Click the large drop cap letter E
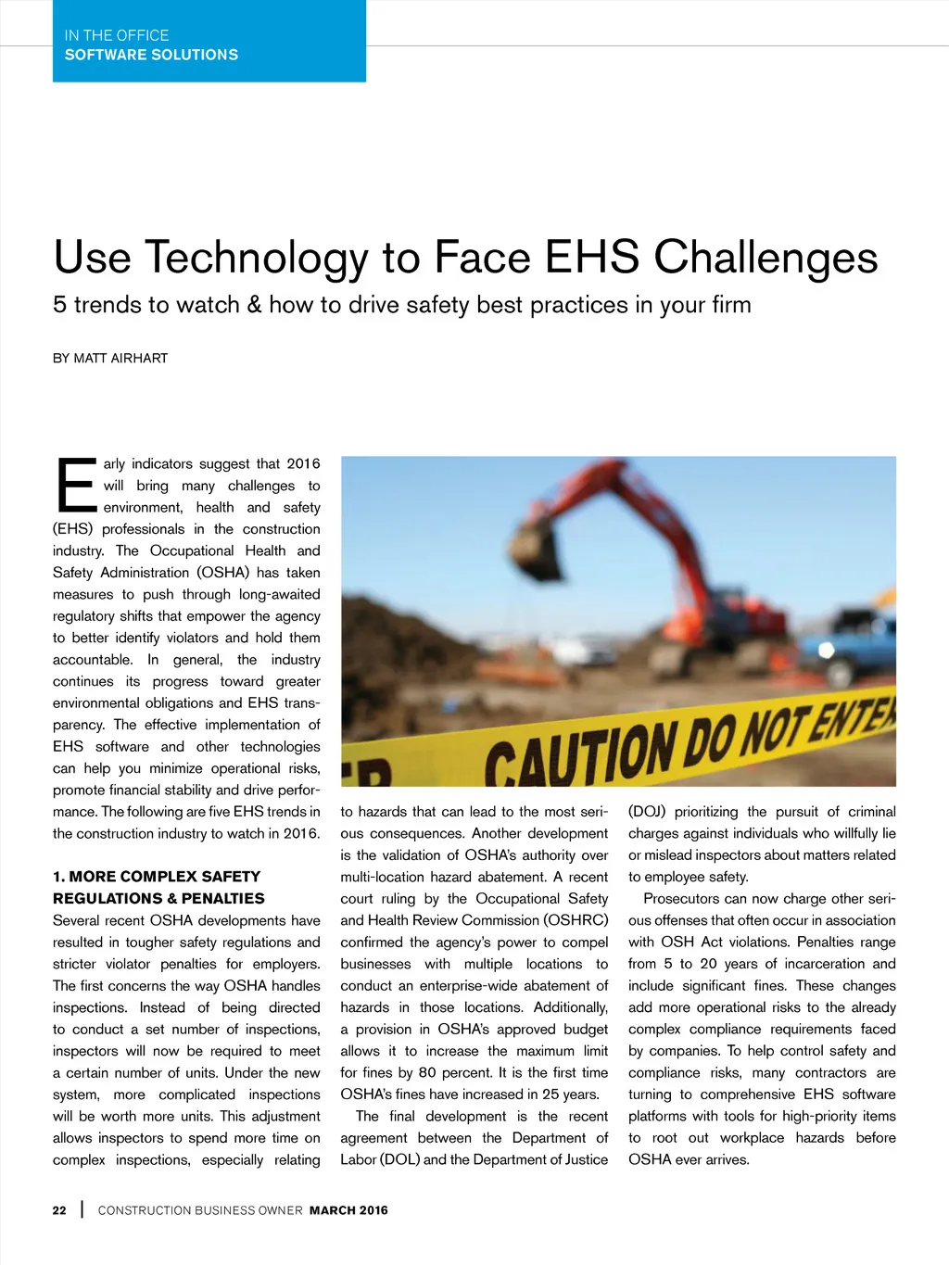coord(75,485)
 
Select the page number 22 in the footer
coord(59,1210)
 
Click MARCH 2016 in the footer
coord(348,1210)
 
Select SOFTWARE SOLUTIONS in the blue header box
coord(151,56)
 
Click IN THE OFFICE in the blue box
coord(117,35)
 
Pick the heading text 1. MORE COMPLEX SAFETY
coord(157,877)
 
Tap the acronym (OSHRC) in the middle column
coord(576,920)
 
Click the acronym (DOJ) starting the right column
coord(647,812)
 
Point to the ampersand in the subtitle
coord(254,305)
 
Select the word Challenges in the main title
coord(766,259)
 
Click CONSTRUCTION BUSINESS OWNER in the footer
coord(200,1210)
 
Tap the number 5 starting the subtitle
coord(60,305)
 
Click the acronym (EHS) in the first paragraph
coord(72,529)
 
